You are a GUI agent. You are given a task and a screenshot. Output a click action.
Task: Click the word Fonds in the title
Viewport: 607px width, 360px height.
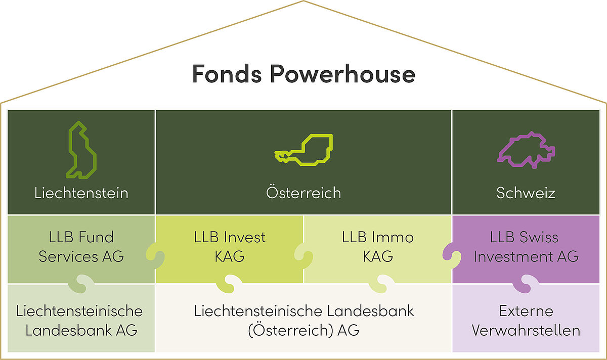[x=227, y=73]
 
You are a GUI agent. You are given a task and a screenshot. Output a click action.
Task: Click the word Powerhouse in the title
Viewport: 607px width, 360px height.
[x=342, y=73]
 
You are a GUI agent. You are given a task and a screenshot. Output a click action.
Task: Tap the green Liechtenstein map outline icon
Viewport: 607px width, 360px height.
[x=80, y=150]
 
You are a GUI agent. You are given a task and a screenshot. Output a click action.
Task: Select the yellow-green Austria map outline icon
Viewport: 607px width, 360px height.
[x=303, y=150]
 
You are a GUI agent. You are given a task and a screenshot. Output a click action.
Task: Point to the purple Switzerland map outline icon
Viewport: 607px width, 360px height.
[x=526, y=150]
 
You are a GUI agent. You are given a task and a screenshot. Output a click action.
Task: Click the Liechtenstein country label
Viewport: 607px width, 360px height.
[x=81, y=193]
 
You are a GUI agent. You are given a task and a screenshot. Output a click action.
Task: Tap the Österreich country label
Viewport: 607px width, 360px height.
[x=303, y=193]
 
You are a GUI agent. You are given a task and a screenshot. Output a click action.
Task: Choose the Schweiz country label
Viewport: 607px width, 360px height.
[x=526, y=193]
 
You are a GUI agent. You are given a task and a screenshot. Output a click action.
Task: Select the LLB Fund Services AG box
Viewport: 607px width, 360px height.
[x=81, y=249]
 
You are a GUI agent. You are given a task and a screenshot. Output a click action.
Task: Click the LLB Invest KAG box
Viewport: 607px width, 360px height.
[x=230, y=249]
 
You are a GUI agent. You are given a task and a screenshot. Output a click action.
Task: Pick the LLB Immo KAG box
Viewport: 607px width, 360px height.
[x=378, y=249]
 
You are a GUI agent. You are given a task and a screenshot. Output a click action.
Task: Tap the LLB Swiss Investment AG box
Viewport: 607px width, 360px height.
[x=526, y=249]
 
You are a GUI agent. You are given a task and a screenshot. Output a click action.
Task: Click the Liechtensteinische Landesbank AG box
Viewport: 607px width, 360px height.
[x=81, y=318]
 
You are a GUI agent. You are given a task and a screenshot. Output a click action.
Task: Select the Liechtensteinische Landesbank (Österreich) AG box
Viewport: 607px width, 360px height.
[x=304, y=318]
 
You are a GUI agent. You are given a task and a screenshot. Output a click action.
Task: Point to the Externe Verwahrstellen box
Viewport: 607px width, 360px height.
[x=526, y=318]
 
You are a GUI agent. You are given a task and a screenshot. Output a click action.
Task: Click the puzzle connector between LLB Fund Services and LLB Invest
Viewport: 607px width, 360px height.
[x=155, y=256]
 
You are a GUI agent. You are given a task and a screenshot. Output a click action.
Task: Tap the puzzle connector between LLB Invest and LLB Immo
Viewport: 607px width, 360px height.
[x=303, y=256]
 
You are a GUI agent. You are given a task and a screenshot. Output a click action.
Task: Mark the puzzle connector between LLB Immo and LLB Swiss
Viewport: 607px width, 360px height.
[x=452, y=256]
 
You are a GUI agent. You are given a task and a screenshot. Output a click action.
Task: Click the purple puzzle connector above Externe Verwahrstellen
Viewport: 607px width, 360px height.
[x=526, y=284]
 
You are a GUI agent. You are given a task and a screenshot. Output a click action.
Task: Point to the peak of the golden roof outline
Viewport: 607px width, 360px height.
[x=303, y=1]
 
